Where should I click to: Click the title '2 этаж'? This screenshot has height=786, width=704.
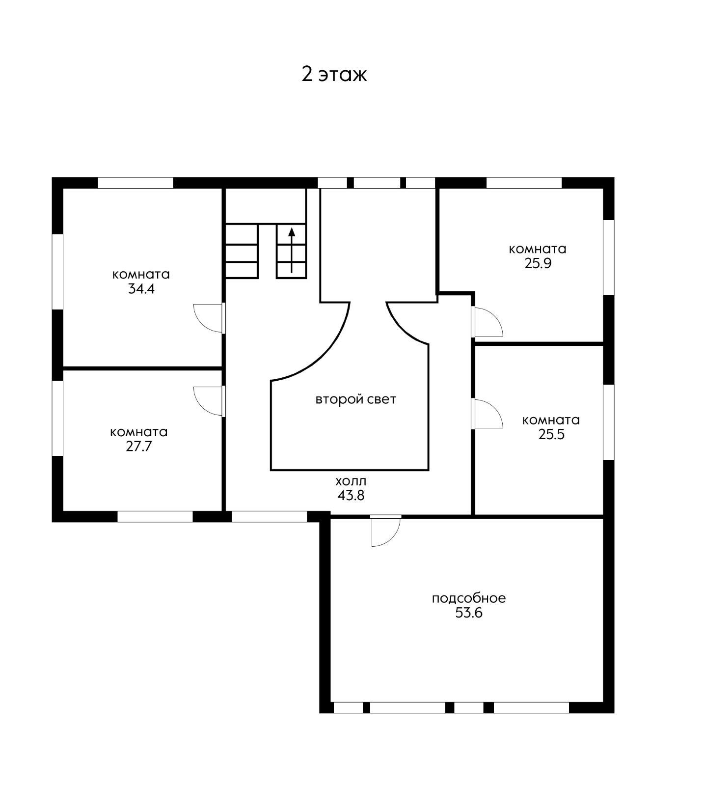point(334,75)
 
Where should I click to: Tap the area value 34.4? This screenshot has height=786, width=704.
point(141,289)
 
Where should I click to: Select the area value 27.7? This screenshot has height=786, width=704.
point(139,447)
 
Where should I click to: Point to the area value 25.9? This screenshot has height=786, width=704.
point(538,263)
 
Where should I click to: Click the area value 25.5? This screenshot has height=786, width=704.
point(551,434)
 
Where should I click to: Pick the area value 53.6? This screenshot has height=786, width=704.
point(469,613)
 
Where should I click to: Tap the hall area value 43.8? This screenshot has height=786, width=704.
point(351,495)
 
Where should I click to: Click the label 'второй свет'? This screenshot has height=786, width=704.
point(355,399)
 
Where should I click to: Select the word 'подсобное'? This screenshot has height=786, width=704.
point(469,598)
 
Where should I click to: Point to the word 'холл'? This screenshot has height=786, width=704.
point(351,481)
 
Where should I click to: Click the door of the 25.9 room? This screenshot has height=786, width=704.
point(487,321)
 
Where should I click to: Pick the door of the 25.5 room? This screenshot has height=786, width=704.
point(487,413)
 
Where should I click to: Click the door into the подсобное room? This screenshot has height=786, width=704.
point(386,531)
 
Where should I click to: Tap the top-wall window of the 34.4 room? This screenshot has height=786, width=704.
point(136,183)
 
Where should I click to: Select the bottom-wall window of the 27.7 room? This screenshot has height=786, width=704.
point(155,516)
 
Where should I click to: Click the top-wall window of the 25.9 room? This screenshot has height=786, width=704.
point(524,183)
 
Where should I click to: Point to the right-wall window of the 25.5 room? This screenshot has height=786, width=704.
point(609,422)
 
